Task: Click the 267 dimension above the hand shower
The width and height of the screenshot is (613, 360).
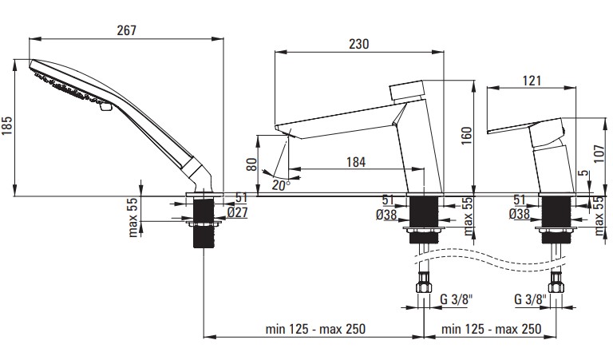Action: [127, 30]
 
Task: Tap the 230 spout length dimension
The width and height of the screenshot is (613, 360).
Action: [359, 43]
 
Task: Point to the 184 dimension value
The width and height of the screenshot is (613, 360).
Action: [356, 161]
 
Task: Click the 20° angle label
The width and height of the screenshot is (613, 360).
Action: [281, 185]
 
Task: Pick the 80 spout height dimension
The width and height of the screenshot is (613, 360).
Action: [252, 164]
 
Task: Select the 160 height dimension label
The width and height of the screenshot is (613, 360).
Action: [466, 136]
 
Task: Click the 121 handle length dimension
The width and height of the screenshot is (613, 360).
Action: [532, 81]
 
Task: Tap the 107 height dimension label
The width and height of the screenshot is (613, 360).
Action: [599, 153]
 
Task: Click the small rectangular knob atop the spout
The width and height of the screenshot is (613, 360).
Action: [407, 90]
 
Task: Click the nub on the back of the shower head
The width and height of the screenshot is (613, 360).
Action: [105, 106]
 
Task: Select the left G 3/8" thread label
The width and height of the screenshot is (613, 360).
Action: [457, 299]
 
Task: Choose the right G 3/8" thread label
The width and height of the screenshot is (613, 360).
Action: [530, 299]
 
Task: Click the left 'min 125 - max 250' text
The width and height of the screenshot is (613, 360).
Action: [315, 329]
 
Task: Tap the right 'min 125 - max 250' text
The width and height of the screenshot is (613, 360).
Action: [491, 329]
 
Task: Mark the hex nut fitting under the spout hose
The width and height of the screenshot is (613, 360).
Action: [424, 283]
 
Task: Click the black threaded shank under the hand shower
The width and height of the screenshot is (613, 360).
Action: [204, 223]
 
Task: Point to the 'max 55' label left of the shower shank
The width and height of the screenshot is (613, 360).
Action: [133, 216]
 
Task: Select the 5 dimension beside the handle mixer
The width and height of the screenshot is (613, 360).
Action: [584, 173]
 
